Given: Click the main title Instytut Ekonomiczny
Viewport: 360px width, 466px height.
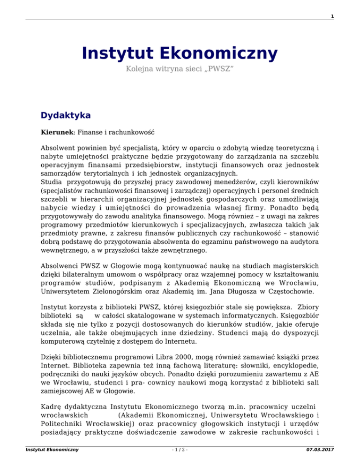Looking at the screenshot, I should [x=180, y=53].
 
